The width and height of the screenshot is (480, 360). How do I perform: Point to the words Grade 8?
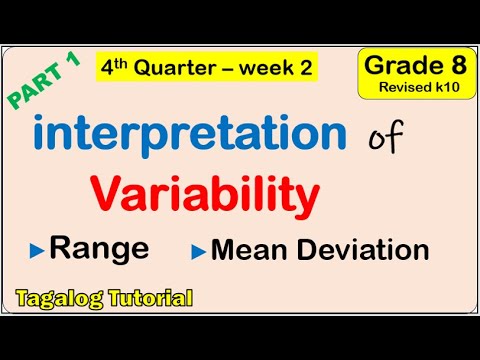point(409,66)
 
